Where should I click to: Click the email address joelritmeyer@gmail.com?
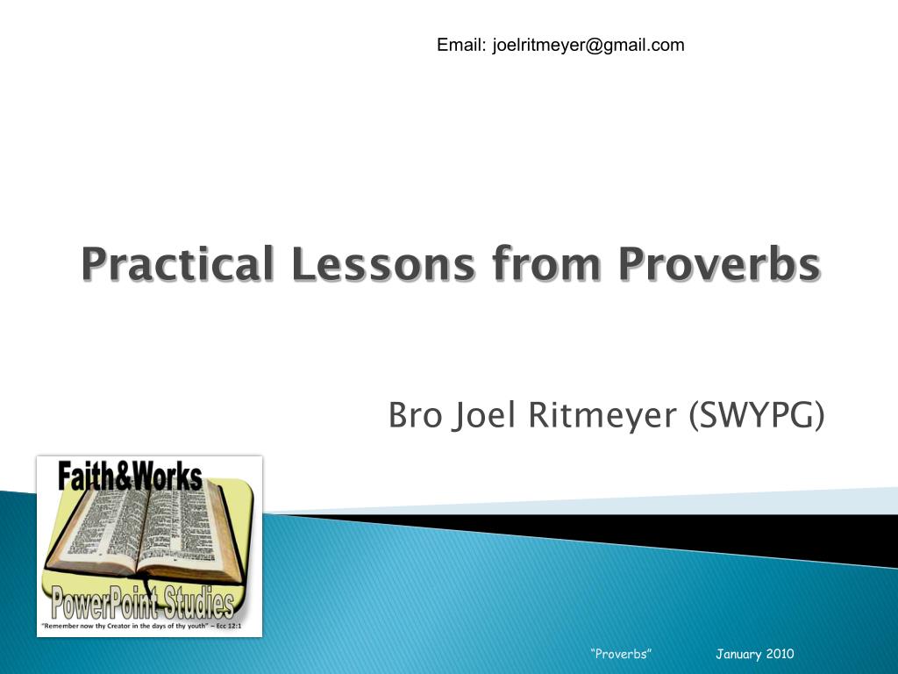(x=588, y=45)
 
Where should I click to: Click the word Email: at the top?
(x=462, y=45)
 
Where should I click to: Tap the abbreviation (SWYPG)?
(x=757, y=415)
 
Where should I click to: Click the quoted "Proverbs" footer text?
(x=621, y=654)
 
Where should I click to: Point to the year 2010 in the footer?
(x=780, y=654)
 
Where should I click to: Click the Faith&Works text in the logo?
(x=130, y=477)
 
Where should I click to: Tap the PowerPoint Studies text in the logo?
(x=143, y=605)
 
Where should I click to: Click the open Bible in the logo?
(x=145, y=535)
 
